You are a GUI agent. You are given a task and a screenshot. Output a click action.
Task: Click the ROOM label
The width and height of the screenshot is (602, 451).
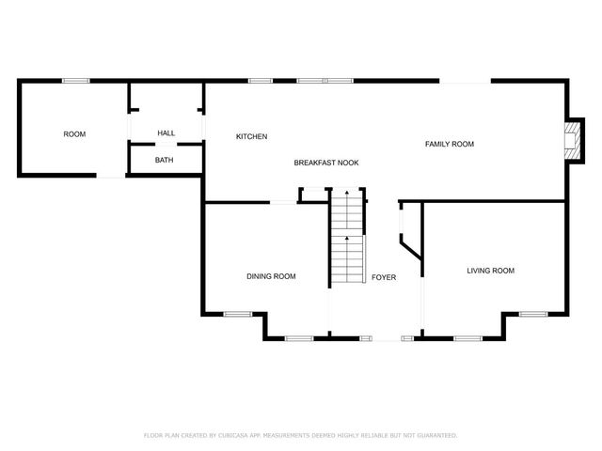(74, 134)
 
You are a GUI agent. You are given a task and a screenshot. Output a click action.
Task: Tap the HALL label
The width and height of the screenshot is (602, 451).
(166, 133)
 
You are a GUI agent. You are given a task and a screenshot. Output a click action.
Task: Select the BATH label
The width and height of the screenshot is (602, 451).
(165, 160)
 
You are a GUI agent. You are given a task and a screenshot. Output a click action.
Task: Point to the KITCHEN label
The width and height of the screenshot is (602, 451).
(252, 137)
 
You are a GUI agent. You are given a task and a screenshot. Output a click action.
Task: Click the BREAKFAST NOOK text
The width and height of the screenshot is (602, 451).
(326, 163)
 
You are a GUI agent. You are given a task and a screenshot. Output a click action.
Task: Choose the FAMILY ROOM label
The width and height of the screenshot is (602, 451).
(450, 144)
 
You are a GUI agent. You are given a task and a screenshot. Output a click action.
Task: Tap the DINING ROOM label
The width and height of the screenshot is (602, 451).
(272, 276)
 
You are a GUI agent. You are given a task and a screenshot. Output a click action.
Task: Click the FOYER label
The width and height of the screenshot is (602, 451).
(384, 277)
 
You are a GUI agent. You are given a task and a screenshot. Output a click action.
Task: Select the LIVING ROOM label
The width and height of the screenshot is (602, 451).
(491, 271)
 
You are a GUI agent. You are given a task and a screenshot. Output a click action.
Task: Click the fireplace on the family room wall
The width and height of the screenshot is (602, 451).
(570, 140)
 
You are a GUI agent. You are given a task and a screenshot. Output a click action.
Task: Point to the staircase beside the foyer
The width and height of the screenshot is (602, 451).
(346, 240)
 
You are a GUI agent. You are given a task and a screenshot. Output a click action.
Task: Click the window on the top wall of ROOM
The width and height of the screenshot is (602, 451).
(76, 81)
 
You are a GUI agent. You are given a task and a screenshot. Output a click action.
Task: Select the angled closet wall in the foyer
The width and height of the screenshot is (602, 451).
(410, 249)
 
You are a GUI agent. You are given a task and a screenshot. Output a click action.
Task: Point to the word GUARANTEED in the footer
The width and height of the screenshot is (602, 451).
(436, 435)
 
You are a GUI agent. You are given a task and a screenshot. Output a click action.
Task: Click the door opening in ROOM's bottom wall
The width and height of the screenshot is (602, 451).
(111, 176)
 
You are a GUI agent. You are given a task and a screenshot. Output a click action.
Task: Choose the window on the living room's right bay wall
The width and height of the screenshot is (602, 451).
(533, 314)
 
